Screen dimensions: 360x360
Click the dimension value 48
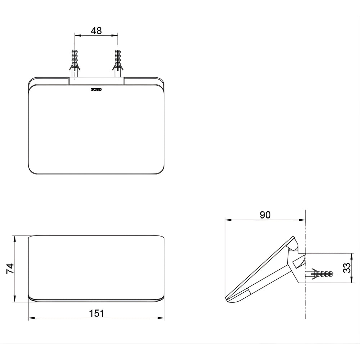(96, 31)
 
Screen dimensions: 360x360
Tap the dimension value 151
(96, 313)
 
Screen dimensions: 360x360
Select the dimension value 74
(10, 269)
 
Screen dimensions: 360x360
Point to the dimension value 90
(265, 215)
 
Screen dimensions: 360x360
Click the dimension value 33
(347, 268)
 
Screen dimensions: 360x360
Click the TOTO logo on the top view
(96, 90)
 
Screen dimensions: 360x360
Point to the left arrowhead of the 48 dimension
(78, 36)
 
